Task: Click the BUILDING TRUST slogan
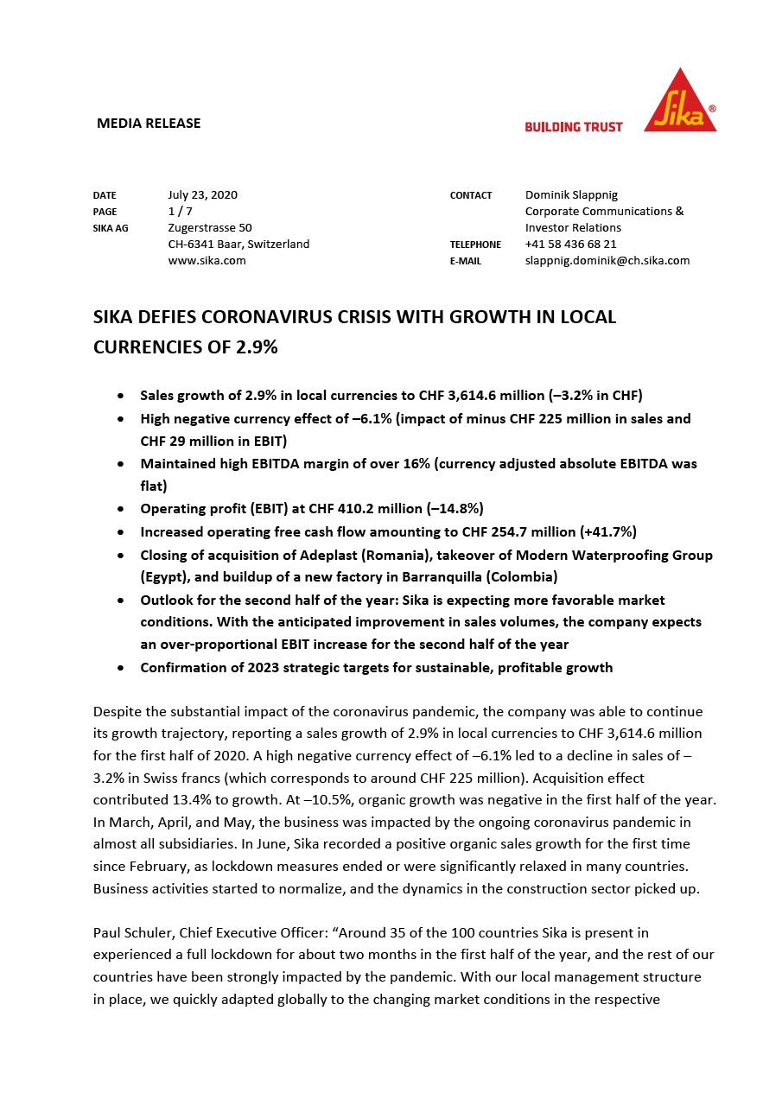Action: [574, 127]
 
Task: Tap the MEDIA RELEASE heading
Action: [149, 124]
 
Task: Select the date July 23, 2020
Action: [202, 195]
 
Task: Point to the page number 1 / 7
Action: [180, 212]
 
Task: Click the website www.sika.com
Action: [207, 261]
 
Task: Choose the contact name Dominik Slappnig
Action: [571, 195]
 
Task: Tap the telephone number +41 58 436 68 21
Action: [570, 245]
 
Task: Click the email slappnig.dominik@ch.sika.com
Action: [607, 261]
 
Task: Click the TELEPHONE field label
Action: [475, 245]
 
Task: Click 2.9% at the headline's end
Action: [257, 347]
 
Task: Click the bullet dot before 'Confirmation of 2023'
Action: [121, 668]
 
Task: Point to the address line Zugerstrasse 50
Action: [210, 228]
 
